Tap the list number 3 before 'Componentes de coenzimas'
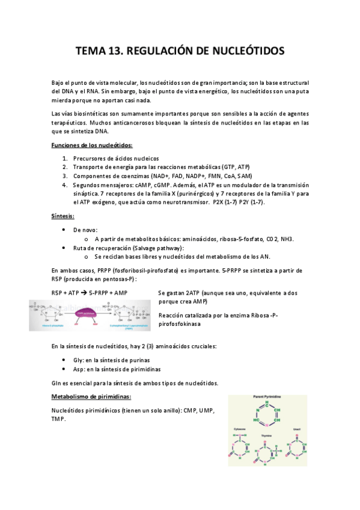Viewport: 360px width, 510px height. coord(64,176)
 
